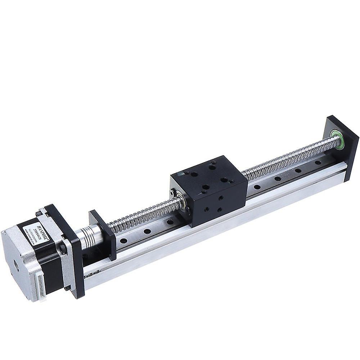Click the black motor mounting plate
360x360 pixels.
(x=72, y=252)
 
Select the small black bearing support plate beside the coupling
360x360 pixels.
(x=103, y=234)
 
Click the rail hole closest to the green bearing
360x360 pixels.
(x=318, y=163)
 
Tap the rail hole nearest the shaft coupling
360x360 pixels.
(x=123, y=240)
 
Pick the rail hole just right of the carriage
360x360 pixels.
(x=256, y=186)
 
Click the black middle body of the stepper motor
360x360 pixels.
(x=50, y=259)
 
